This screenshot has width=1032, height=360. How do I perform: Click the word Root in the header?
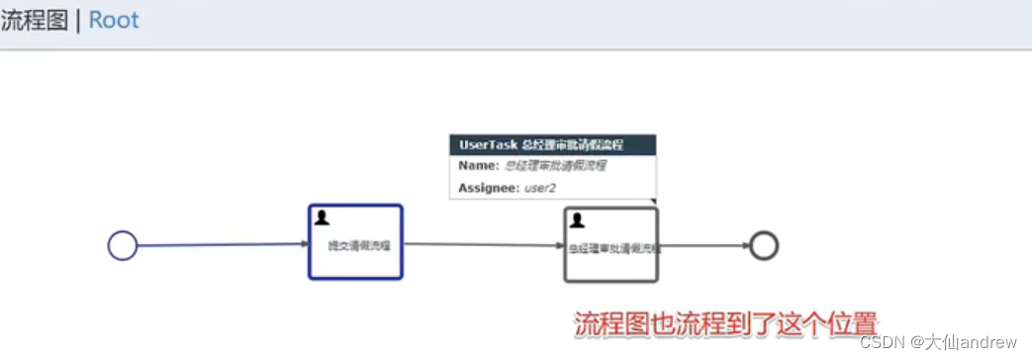click(x=114, y=20)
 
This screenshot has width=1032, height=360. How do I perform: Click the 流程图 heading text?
click(x=34, y=20)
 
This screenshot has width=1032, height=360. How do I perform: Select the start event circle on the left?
click(x=122, y=245)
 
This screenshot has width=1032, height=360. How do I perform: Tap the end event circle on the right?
click(x=764, y=245)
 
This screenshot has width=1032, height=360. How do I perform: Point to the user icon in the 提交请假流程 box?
click(x=322, y=218)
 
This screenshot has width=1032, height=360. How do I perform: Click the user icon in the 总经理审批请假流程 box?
click(x=577, y=220)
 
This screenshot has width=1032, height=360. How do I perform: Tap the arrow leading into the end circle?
click(x=704, y=245)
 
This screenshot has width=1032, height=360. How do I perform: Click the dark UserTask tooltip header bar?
click(x=553, y=144)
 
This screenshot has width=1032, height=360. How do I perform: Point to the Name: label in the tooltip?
click(x=479, y=166)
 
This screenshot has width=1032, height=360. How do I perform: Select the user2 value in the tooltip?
click(x=539, y=187)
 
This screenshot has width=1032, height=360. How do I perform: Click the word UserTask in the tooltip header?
click(x=487, y=144)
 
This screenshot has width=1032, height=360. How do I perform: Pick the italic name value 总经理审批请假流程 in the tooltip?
click(x=555, y=166)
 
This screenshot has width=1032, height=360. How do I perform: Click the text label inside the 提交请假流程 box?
click(x=358, y=246)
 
